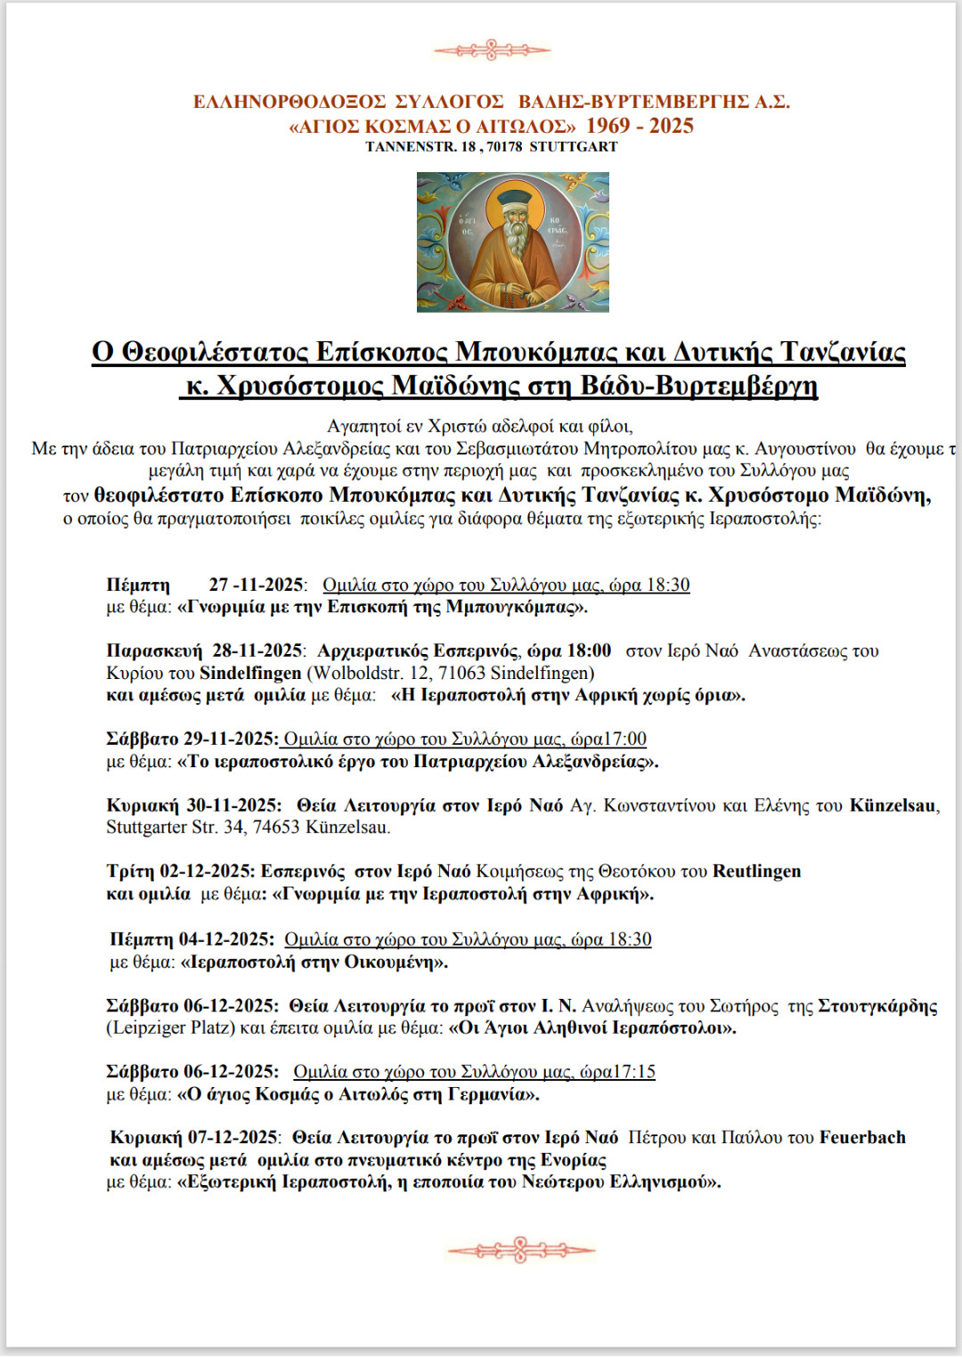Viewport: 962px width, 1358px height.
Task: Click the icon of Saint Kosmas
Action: [x=512, y=241]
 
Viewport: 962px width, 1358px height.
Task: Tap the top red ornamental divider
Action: [x=492, y=50]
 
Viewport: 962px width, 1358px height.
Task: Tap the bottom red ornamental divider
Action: [x=520, y=1250]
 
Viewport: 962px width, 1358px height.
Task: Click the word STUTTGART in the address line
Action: [x=573, y=147]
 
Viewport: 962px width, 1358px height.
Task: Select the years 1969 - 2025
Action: [x=640, y=126]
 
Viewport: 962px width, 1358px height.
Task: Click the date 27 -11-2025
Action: [x=257, y=585]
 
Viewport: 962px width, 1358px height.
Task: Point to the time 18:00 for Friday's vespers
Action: [x=589, y=650]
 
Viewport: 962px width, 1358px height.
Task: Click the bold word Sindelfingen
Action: [x=250, y=673]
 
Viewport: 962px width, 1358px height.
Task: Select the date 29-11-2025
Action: [x=231, y=739]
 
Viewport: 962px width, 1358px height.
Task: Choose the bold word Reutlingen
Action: [x=756, y=871]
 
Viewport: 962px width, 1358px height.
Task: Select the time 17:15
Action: [x=634, y=1071]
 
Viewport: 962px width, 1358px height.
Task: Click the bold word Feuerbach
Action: [x=861, y=1137]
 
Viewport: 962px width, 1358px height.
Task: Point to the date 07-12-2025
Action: [x=233, y=1137]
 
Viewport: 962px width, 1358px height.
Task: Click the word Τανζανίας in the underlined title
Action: [x=843, y=352]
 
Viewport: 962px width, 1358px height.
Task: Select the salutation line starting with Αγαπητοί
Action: [x=480, y=426]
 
